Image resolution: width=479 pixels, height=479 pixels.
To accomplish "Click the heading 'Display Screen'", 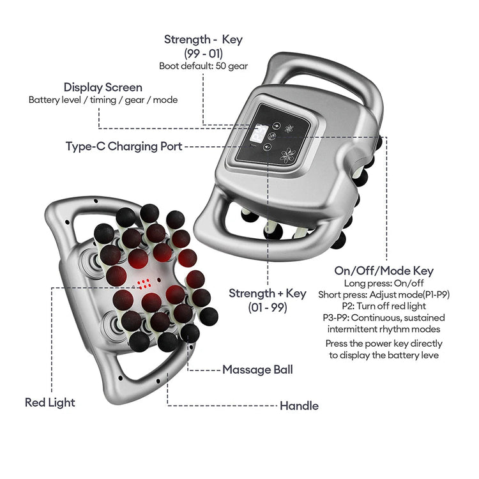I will click(x=103, y=87).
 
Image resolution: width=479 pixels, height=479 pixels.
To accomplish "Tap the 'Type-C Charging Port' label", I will click(x=124, y=146).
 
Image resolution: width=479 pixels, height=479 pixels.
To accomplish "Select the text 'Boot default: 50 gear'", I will click(x=203, y=65).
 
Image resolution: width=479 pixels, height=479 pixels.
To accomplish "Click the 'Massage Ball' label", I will click(x=257, y=369).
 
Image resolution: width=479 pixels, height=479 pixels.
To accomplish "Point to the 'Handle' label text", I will click(x=299, y=406).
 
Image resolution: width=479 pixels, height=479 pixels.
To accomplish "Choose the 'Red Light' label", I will click(x=50, y=402).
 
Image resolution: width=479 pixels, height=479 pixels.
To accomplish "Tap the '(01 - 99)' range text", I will click(x=267, y=307).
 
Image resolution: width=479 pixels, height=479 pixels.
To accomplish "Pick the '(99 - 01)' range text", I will click(x=203, y=53).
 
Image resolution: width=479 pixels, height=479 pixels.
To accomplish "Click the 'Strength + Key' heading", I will click(x=268, y=293).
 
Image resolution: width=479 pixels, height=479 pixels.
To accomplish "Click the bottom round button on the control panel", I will click(x=267, y=148).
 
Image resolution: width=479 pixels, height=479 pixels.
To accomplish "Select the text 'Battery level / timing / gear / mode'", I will click(x=103, y=100).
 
